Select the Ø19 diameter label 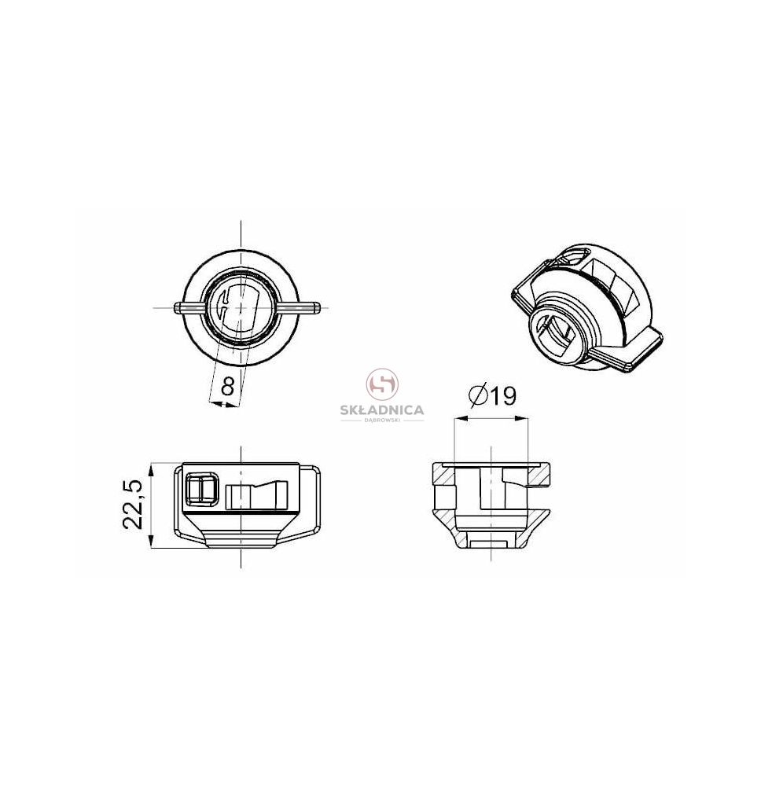[x=492, y=396]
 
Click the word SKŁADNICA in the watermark [x=382, y=410]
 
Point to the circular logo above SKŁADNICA [x=383, y=384]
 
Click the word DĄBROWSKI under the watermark [x=382, y=420]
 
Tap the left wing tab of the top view [x=189, y=307]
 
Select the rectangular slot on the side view [x=256, y=495]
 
